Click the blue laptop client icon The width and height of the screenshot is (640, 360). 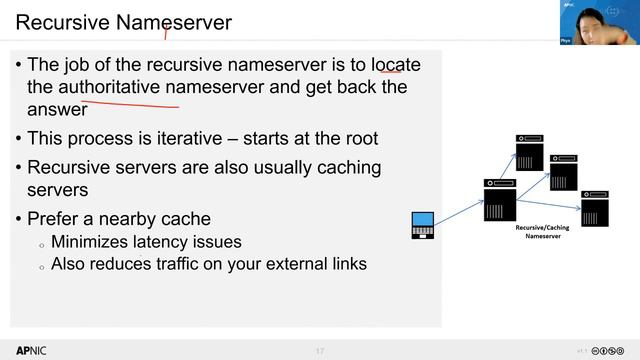pyautogui.click(x=423, y=225)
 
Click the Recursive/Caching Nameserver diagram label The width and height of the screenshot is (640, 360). pyautogui.click(x=541, y=232)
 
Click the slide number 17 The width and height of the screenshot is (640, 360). pyautogui.click(x=320, y=351)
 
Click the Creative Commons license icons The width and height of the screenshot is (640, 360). pyautogui.click(x=609, y=351)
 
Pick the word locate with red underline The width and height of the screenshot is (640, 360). pyautogui.click(x=395, y=65)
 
